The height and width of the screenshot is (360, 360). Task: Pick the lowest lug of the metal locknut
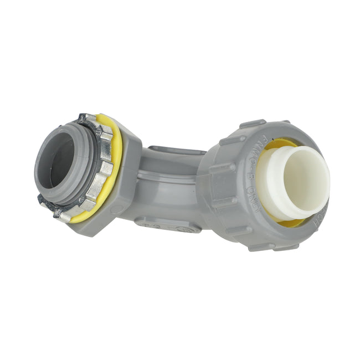(62, 214)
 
